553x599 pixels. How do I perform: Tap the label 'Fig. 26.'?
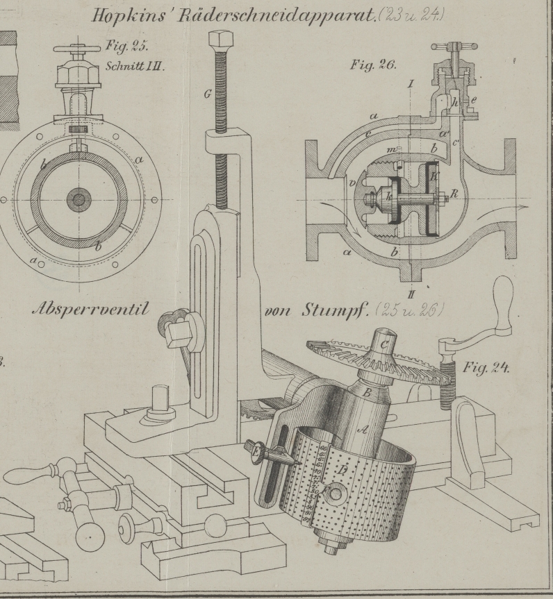point(374,67)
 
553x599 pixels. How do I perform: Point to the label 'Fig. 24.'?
point(486,368)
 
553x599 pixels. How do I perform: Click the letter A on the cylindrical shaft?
point(361,430)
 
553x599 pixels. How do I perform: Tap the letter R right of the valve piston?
point(454,194)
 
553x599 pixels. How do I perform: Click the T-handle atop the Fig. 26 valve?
point(454,48)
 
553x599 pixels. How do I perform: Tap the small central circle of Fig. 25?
point(79,201)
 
